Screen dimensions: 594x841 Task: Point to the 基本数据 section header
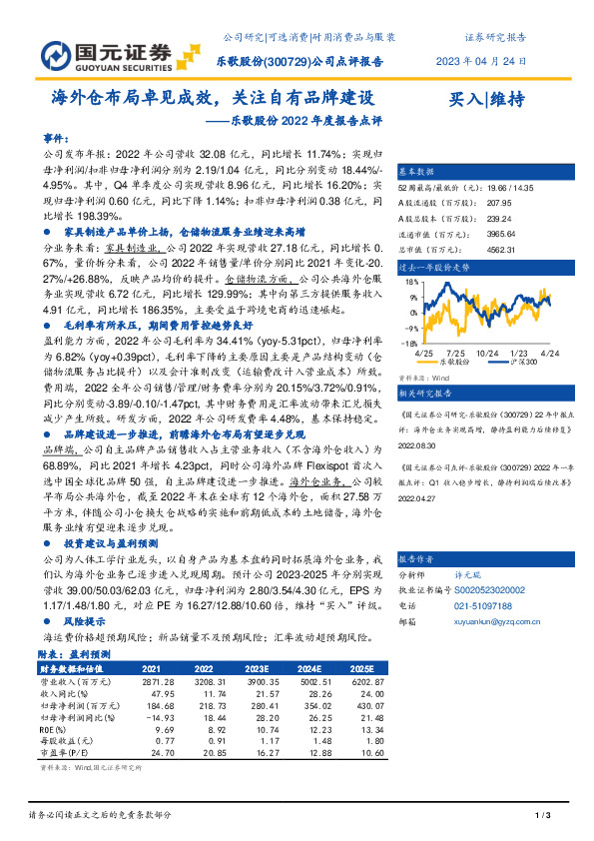pyautogui.click(x=417, y=171)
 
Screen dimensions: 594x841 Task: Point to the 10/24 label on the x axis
pyautogui.click(x=488, y=354)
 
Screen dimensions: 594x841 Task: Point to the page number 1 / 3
pyautogui.click(x=543, y=816)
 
